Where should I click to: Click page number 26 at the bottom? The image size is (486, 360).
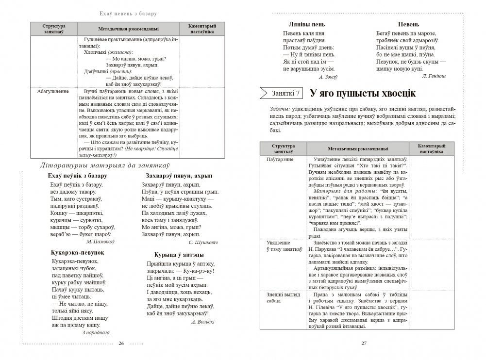tap(121, 344)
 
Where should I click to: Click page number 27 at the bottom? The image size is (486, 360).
tap(364, 344)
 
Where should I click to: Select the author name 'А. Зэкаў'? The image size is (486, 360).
tap(328, 77)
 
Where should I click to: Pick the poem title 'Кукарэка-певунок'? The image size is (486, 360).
tap(74, 252)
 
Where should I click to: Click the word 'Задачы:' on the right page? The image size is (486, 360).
tap(279, 109)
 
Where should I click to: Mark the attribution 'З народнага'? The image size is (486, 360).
tap(96, 332)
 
